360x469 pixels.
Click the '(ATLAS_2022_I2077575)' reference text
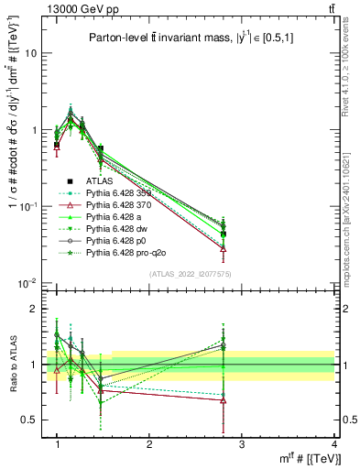pos(190,274)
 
